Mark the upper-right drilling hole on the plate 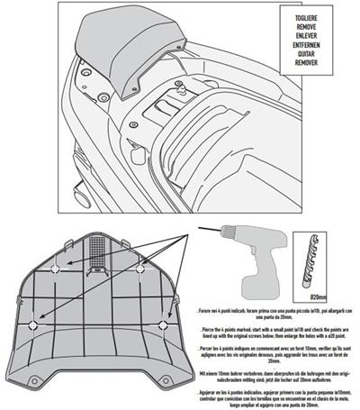tap(141, 269)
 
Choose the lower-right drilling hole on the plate tap(163, 324)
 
